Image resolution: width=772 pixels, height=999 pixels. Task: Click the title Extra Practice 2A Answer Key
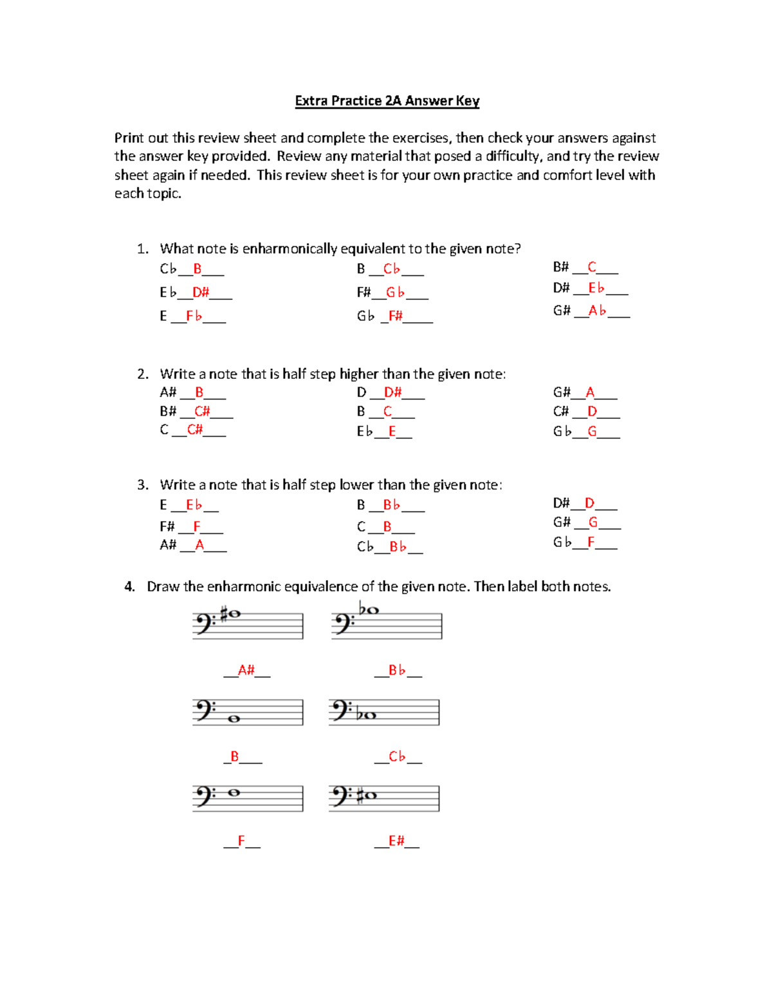[x=387, y=101]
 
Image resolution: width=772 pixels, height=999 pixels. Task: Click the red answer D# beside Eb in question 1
[x=201, y=293]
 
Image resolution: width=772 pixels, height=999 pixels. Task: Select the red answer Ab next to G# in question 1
[x=597, y=311]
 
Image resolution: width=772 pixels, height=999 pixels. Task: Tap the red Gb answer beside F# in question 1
[x=395, y=293]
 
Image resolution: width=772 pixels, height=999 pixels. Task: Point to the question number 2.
[x=142, y=374]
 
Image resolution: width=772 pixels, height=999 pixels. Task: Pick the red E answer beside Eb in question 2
[x=392, y=432]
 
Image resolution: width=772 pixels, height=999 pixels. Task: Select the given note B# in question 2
[x=168, y=411]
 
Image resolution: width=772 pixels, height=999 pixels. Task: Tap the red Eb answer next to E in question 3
[x=194, y=505]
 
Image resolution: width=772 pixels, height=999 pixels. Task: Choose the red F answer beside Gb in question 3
[x=591, y=542]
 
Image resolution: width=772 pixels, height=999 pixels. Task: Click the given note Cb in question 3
[x=365, y=547]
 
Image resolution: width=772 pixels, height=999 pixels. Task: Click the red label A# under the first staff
[x=246, y=670]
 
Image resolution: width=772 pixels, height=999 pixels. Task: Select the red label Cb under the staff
[x=397, y=756]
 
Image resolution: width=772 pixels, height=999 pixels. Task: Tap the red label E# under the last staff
[x=396, y=841]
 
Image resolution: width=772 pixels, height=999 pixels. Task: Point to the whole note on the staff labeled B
[x=234, y=719]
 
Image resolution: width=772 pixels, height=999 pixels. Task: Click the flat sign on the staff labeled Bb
[x=362, y=608]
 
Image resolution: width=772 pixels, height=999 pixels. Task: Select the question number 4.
[x=129, y=587]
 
